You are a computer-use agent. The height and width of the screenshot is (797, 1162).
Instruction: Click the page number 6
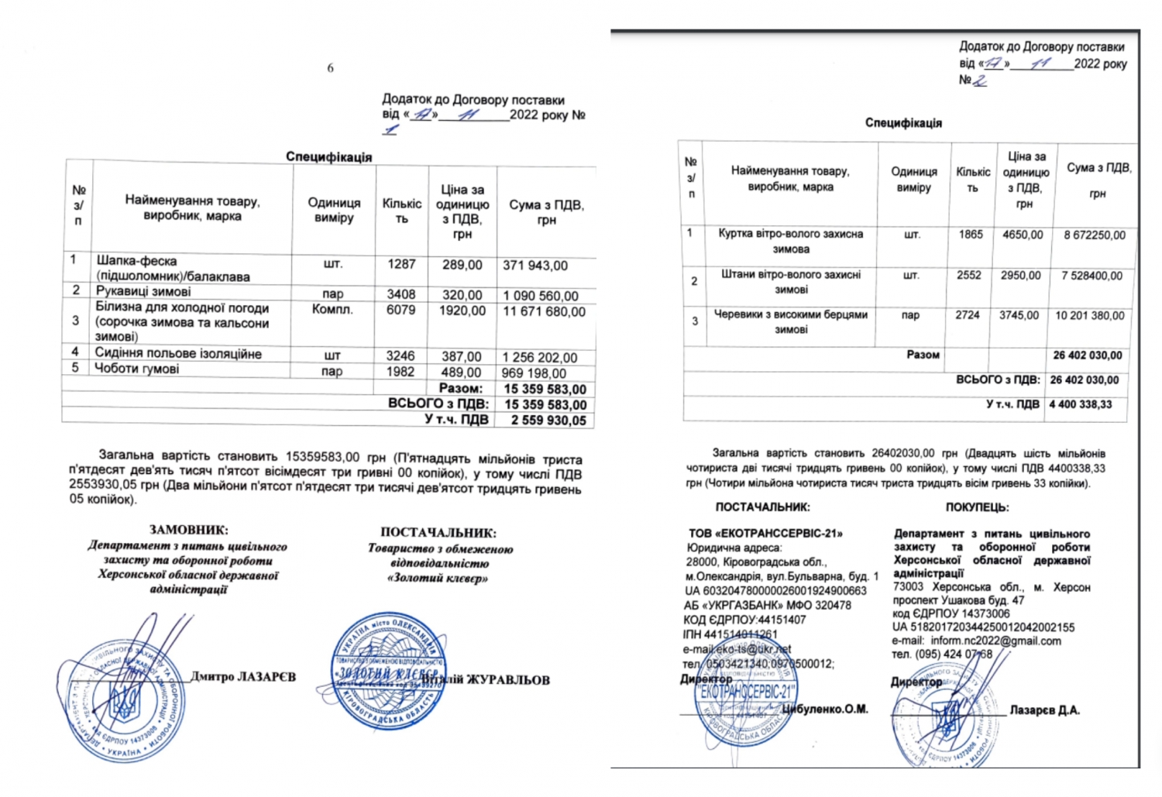pos(330,68)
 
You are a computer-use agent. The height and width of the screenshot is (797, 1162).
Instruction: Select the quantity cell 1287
pos(401,264)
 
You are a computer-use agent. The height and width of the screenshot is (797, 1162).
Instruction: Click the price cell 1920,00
pos(462,311)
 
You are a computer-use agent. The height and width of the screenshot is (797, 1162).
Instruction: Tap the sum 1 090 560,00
pos(540,296)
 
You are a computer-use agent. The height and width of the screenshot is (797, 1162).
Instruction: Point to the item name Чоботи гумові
pos(136,369)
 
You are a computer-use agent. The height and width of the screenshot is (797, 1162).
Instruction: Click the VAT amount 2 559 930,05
pos(548,420)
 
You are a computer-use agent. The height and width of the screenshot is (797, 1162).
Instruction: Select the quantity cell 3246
pos(401,356)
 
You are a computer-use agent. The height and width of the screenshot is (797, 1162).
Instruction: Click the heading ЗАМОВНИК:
pos(188,531)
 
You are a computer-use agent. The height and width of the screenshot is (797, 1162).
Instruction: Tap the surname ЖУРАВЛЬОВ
pos(508,680)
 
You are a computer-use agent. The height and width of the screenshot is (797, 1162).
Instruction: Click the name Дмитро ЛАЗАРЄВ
pos(243,677)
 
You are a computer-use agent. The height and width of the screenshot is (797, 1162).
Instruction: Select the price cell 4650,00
pos(1023,235)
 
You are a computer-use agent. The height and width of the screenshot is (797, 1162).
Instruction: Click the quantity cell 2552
pos(969,275)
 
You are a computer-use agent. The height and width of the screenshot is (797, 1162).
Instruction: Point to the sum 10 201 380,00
pos(1089,316)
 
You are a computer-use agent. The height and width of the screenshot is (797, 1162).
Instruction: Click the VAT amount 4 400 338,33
pos(1081,404)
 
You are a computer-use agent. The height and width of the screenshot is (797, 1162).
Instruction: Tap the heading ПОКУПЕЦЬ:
pos(977,508)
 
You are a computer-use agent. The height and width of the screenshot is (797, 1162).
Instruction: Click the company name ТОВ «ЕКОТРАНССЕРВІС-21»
pos(765,534)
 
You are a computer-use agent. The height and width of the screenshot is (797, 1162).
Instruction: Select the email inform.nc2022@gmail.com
pos(995,641)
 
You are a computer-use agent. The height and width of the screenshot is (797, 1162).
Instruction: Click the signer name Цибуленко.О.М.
pos(825,709)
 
